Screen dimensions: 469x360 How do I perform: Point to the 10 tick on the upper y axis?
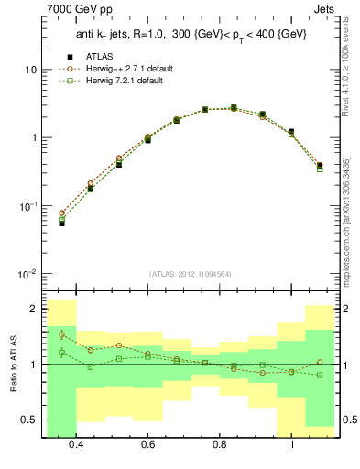tap(29, 70)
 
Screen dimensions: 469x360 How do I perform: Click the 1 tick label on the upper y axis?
tap(32, 138)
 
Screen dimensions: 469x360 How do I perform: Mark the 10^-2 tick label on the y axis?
tap(27, 275)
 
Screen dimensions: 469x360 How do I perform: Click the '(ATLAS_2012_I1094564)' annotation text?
tap(188, 272)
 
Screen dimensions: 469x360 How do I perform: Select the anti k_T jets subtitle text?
tap(191, 35)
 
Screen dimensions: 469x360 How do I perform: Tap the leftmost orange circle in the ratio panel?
tap(61, 334)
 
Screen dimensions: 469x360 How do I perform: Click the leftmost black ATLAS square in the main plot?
tap(61, 223)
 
